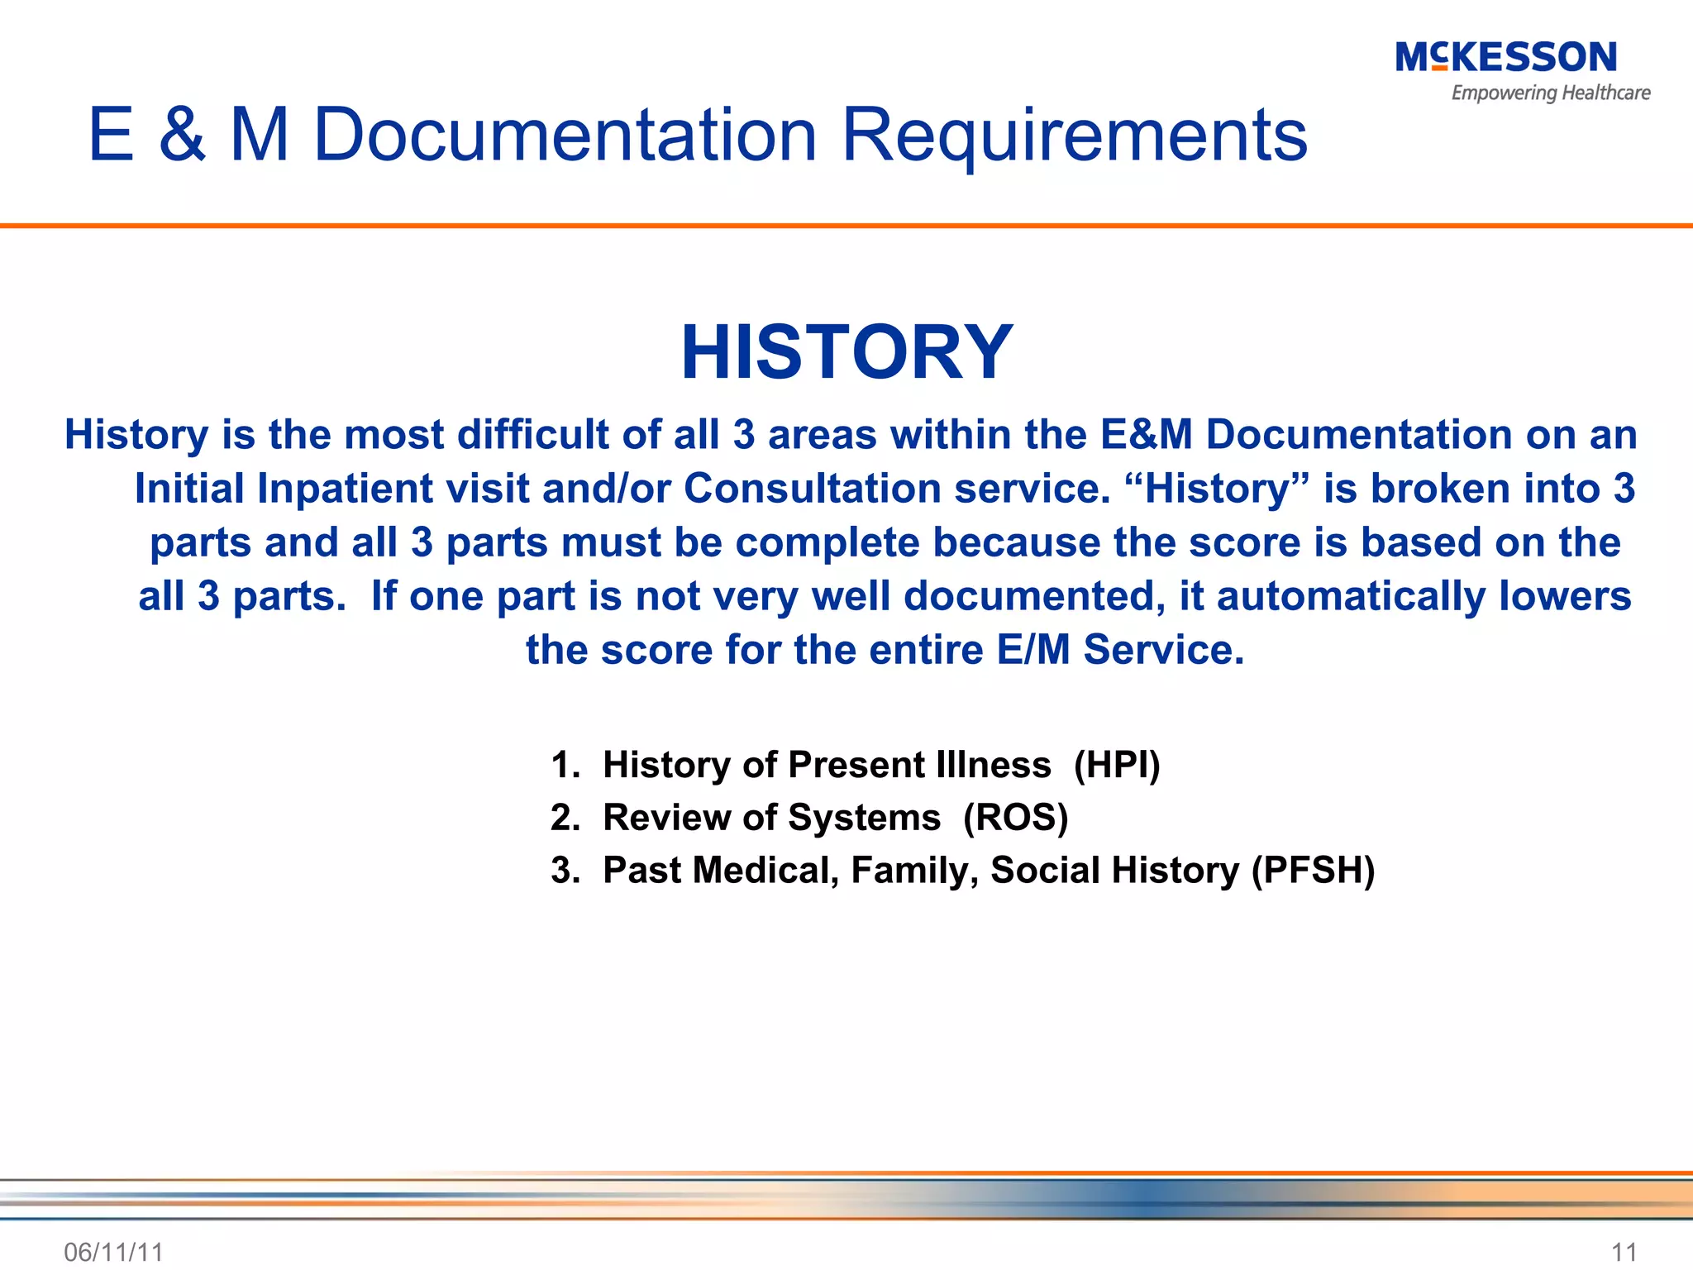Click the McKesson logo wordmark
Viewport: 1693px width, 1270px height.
pyautogui.click(x=1505, y=58)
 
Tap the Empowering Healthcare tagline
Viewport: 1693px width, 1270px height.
pyautogui.click(x=1550, y=93)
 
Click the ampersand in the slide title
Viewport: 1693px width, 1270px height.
pyautogui.click(x=182, y=135)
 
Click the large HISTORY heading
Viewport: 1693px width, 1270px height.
pyautogui.click(x=846, y=352)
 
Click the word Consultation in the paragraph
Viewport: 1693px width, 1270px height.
pyautogui.click(x=812, y=489)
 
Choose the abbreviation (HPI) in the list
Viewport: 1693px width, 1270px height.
pyautogui.click(x=1117, y=765)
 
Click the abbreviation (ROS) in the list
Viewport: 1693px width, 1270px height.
pyautogui.click(x=1015, y=818)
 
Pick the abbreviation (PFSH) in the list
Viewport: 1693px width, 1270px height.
pyautogui.click(x=1313, y=871)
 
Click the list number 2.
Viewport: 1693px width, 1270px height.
pyautogui.click(x=565, y=818)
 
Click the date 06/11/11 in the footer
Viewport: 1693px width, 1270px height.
pyautogui.click(x=113, y=1252)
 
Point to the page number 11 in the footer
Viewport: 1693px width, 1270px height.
pyautogui.click(x=1624, y=1252)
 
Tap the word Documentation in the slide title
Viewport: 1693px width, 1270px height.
pyautogui.click(x=565, y=135)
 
